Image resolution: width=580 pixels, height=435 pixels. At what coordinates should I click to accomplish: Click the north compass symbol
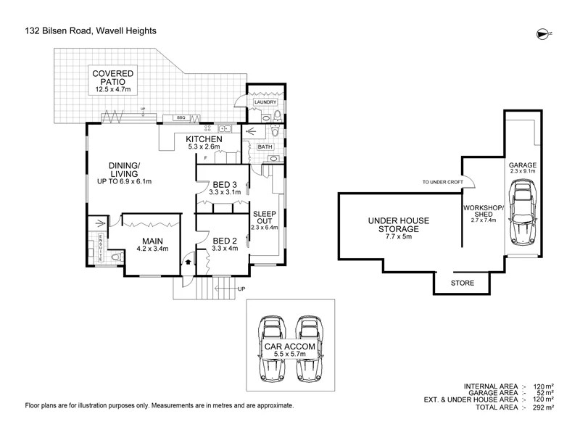tap(542, 34)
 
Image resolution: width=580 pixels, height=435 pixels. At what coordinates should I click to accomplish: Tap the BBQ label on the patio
tap(181, 117)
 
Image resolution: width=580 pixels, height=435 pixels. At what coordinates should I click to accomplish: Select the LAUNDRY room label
tap(265, 102)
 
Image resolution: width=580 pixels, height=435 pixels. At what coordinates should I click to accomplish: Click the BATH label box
tap(265, 147)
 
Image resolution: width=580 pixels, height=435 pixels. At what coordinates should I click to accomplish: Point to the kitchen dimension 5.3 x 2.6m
tap(204, 147)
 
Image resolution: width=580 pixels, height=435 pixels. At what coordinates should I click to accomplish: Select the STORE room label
tap(463, 283)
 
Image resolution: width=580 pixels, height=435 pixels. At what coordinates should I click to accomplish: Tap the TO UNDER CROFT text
tap(443, 182)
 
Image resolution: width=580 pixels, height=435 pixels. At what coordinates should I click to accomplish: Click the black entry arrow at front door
tap(188, 262)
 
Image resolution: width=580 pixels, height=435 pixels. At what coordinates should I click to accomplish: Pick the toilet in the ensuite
tap(117, 257)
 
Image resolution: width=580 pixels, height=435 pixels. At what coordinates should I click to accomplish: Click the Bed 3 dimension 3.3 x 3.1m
tap(225, 192)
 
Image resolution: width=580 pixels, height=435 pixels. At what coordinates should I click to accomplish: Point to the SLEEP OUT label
tap(265, 217)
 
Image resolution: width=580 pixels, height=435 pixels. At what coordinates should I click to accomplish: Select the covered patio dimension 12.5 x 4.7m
tap(113, 89)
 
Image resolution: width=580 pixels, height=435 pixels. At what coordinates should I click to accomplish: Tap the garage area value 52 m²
tap(545, 393)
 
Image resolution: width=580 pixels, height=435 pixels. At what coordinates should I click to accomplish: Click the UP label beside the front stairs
tap(241, 289)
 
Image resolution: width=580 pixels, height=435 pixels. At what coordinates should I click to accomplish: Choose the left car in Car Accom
tap(272, 349)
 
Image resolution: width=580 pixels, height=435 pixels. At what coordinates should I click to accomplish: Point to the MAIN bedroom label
tap(152, 241)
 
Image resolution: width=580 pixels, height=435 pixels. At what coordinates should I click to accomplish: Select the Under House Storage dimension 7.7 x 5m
tap(398, 236)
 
